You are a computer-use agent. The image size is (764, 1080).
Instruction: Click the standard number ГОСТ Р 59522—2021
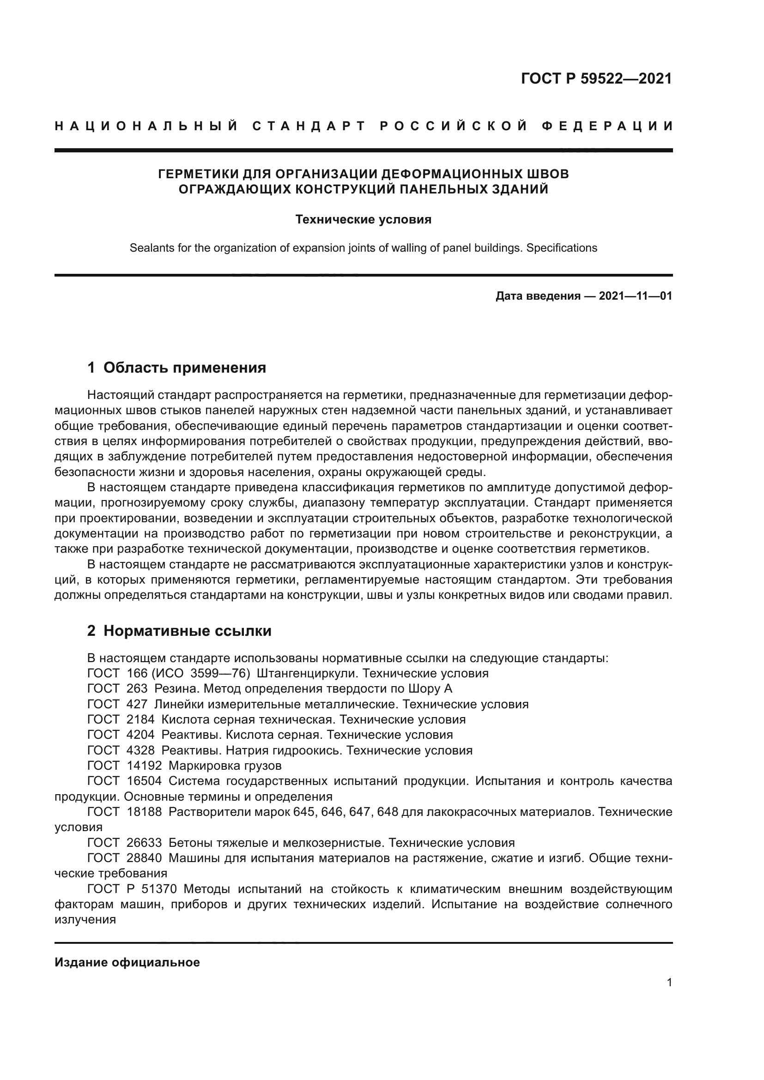tap(596, 78)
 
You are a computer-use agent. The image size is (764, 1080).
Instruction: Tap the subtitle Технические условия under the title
tap(363, 220)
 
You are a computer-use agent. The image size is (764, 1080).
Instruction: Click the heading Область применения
tap(184, 368)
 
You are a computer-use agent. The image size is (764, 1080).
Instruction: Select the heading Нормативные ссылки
tap(187, 631)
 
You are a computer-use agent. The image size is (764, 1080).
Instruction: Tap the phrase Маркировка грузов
tap(224, 766)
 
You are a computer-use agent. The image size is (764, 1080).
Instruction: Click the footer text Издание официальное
tap(127, 963)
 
